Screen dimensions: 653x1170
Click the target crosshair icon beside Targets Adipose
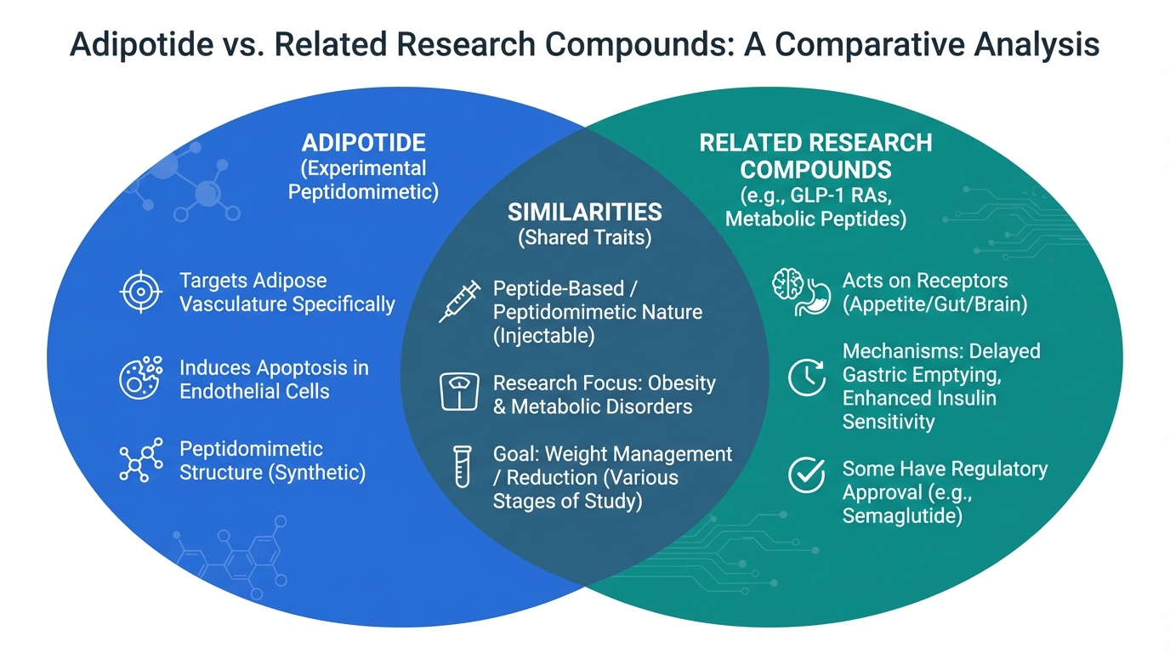click(x=139, y=292)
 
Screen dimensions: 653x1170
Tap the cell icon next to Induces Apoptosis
click(x=139, y=378)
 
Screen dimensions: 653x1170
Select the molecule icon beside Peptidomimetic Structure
click(x=139, y=461)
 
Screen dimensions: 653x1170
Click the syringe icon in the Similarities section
click(x=459, y=302)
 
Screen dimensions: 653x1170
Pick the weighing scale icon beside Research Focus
click(x=459, y=393)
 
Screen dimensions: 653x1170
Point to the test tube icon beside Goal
click(x=462, y=467)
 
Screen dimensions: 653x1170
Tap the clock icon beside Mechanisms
click(x=806, y=378)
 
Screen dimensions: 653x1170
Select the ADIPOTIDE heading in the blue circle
click(x=363, y=143)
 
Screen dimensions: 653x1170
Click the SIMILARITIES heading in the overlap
click(x=584, y=212)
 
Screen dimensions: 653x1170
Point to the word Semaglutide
click(x=902, y=515)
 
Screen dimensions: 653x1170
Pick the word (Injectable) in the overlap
click(x=543, y=335)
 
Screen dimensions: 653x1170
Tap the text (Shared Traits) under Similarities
click(x=584, y=237)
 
